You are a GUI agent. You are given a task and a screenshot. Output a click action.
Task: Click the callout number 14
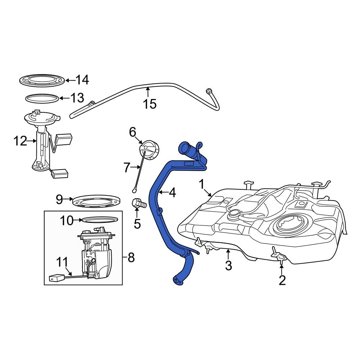point(82,80)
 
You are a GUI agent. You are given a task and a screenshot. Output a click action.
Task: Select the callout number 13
point(77,98)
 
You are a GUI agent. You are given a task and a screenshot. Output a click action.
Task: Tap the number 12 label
point(20,141)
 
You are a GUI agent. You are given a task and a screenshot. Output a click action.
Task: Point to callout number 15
point(150,104)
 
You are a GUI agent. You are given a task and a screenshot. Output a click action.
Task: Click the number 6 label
point(132,132)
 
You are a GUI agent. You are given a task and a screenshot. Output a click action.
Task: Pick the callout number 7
point(126,167)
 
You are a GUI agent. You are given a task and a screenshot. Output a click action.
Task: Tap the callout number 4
point(172,193)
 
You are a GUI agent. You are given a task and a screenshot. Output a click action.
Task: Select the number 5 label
point(137,224)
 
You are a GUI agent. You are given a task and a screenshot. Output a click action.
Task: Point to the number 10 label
point(67,220)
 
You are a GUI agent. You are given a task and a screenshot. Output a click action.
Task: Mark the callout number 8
point(131,258)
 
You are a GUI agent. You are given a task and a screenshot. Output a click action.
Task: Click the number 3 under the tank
point(229,266)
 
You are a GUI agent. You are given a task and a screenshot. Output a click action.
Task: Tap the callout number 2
point(282,280)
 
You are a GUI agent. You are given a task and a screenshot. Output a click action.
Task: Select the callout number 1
point(202,184)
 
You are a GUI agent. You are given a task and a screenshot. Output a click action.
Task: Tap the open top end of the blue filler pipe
point(185,147)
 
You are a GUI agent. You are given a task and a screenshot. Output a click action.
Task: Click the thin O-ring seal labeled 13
point(42,98)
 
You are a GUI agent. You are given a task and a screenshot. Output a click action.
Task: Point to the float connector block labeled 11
point(56,278)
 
